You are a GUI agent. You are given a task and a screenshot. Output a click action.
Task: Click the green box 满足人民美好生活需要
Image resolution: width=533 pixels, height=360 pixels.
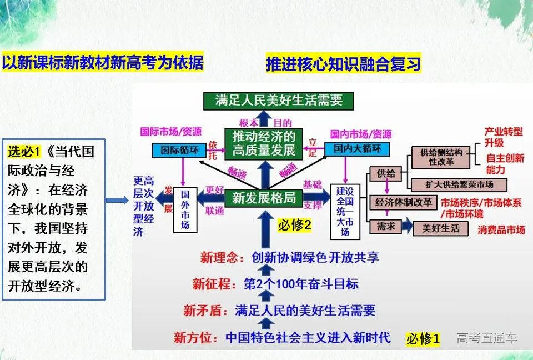click(278, 100)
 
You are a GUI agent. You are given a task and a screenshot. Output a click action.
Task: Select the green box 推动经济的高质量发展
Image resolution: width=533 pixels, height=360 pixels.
click(264, 143)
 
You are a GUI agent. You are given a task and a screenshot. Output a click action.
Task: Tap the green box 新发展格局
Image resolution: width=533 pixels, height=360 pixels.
click(264, 197)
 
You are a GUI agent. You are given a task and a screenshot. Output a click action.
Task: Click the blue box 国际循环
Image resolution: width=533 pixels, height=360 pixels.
click(175, 149)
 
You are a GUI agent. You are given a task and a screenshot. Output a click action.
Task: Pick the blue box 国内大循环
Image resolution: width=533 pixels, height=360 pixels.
click(357, 149)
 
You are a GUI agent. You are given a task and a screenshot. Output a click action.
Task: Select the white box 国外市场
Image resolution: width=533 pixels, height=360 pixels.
click(185, 209)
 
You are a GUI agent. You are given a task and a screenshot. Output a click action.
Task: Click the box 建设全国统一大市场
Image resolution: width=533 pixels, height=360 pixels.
click(345, 211)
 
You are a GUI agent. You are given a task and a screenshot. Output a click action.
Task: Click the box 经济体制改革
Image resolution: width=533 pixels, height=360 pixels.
click(403, 202)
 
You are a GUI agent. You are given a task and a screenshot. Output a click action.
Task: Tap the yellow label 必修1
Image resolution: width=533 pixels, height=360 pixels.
click(423, 338)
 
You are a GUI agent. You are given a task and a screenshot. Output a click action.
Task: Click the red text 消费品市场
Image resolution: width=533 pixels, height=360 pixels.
click(501, 229)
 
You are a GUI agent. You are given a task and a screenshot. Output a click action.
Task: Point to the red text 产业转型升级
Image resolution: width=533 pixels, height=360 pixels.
click(504, 137)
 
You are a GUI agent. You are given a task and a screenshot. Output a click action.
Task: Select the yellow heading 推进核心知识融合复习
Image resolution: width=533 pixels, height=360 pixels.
click(343, 64)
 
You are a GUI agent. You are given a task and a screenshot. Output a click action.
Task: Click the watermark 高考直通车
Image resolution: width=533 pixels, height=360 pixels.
click(487, 338)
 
